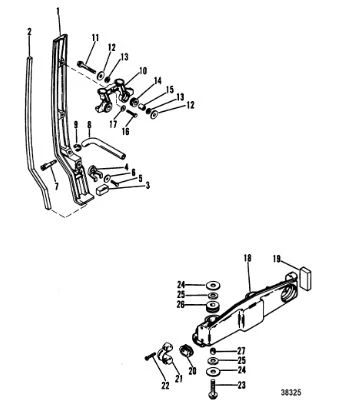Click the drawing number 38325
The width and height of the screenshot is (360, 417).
tap(291, 392)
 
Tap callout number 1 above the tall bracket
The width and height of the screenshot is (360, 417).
tap(58, 12)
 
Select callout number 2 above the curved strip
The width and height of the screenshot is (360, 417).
tap(29, 32)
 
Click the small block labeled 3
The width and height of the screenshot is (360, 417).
tap(103, 190)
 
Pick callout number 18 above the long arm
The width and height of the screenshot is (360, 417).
tap(247, 258)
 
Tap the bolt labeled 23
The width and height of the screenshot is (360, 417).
tap(212, 390)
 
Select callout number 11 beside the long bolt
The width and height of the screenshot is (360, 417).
tap(95, 38)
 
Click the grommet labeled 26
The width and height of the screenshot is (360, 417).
tap(212, 306)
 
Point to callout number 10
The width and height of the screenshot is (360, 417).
tap(143, 71)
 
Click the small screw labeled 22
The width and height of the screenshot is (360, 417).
tap(151, 357)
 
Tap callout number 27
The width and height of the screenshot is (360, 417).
tap(241, 351)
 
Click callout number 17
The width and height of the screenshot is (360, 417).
tap(113, 124)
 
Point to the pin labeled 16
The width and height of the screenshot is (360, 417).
tap(132, 114)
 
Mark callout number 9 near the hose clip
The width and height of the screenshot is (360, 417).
tap(76, 125)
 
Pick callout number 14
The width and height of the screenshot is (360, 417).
tap(158, 81)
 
